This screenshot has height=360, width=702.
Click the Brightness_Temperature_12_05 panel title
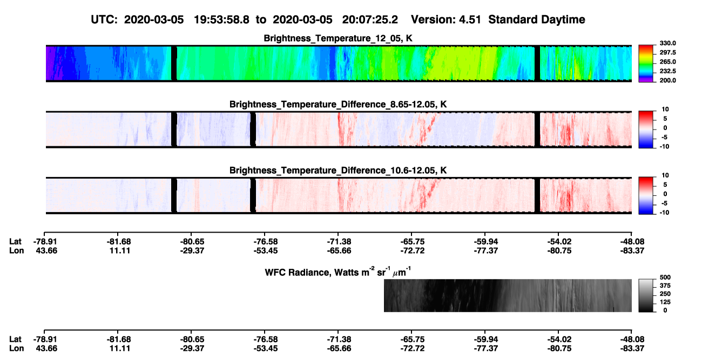[338, 38]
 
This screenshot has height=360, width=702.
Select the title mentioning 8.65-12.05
[338, 104]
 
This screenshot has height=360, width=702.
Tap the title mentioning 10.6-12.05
[338, 171]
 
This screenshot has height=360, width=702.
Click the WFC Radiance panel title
[338, 272]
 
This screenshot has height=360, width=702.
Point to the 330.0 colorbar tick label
[667, 43]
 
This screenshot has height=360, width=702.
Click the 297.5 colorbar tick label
[667, 52]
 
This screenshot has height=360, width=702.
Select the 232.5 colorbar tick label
[667, 71]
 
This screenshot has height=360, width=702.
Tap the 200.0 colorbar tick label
[667, 80]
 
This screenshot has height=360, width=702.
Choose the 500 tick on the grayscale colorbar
[665, 277]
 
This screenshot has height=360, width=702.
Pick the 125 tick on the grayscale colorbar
[665, 302]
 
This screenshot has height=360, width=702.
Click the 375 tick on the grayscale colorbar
[665, 286]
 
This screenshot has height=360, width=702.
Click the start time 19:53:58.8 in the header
[221, 20]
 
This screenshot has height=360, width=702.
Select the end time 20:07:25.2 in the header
[370, 20]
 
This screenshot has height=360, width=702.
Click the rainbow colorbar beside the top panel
[646, 64]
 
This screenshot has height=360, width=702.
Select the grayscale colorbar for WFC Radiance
[646, 295]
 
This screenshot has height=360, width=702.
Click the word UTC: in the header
[104, 20]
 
